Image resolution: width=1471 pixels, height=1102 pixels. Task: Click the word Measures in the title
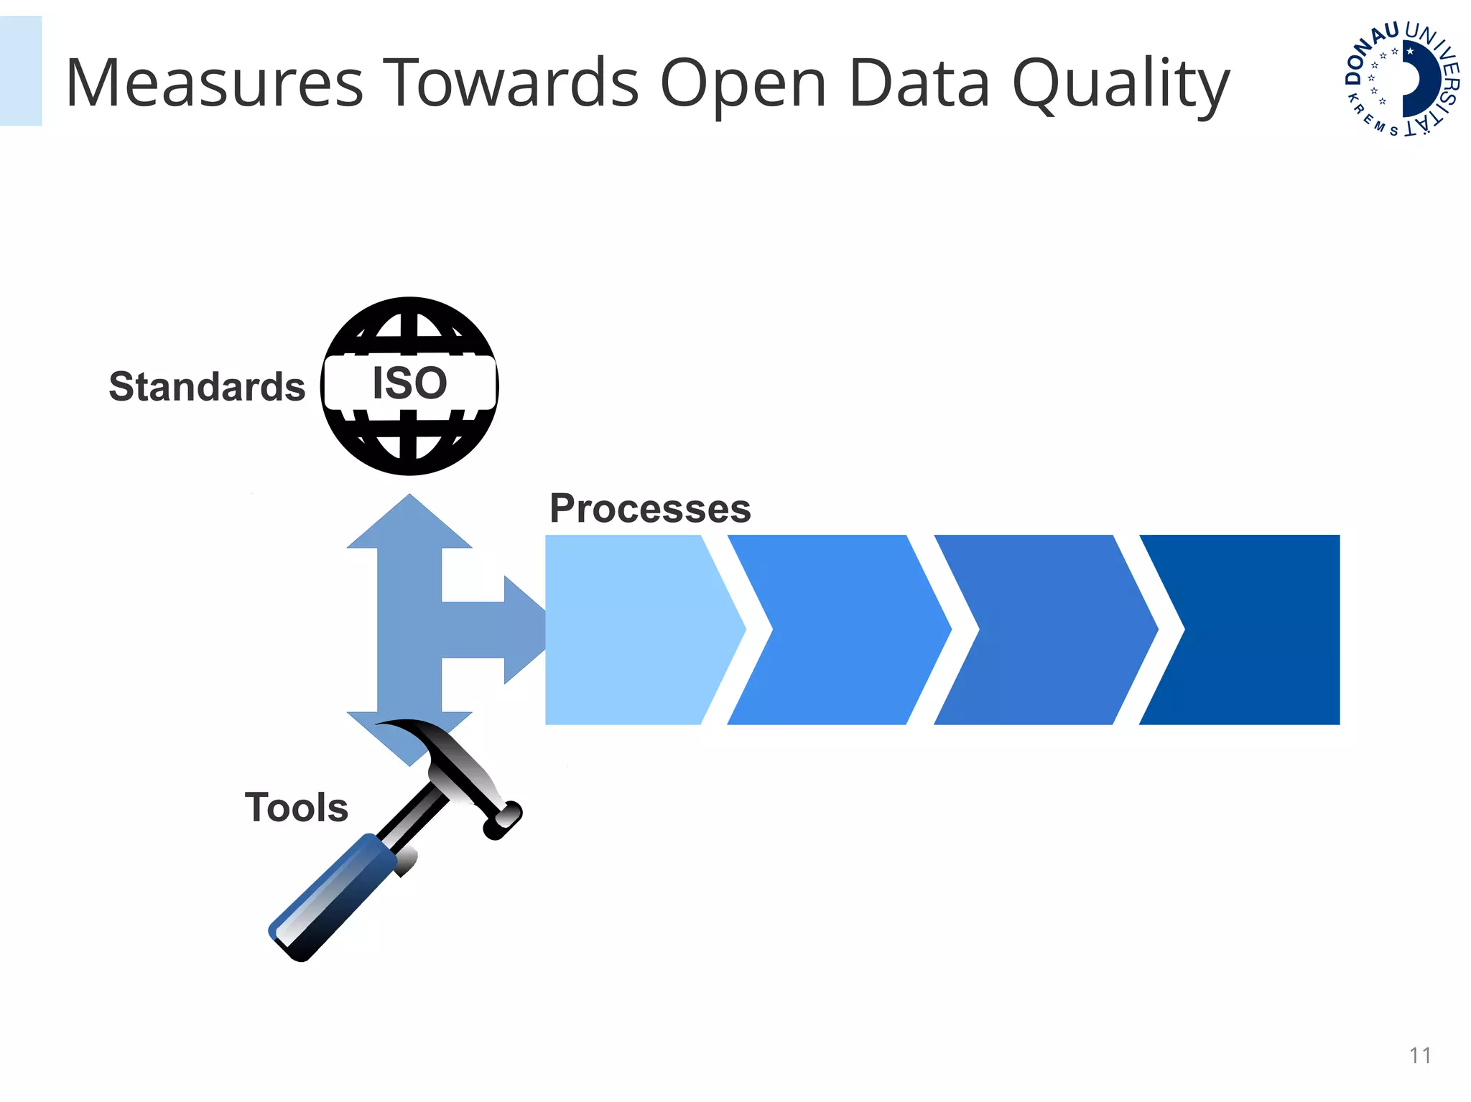pos(214,83)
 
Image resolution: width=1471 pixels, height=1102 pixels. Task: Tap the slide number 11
pos(1420,1055)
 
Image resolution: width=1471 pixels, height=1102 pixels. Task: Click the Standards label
pos(207,387)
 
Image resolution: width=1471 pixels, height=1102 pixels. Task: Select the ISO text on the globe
pos(409,383)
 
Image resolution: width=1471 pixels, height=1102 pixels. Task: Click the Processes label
pos(650,508)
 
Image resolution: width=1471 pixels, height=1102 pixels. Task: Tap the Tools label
pos(296,807)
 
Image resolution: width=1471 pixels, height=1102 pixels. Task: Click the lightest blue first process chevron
pos(632,630)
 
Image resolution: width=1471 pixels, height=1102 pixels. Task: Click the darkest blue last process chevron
pos(1257,630)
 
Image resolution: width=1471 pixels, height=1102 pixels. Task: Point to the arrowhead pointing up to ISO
pos(409,524)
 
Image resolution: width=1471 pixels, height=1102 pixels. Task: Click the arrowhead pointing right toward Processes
pos(523,630)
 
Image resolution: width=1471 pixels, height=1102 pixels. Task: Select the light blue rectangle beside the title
pos(20,70)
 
